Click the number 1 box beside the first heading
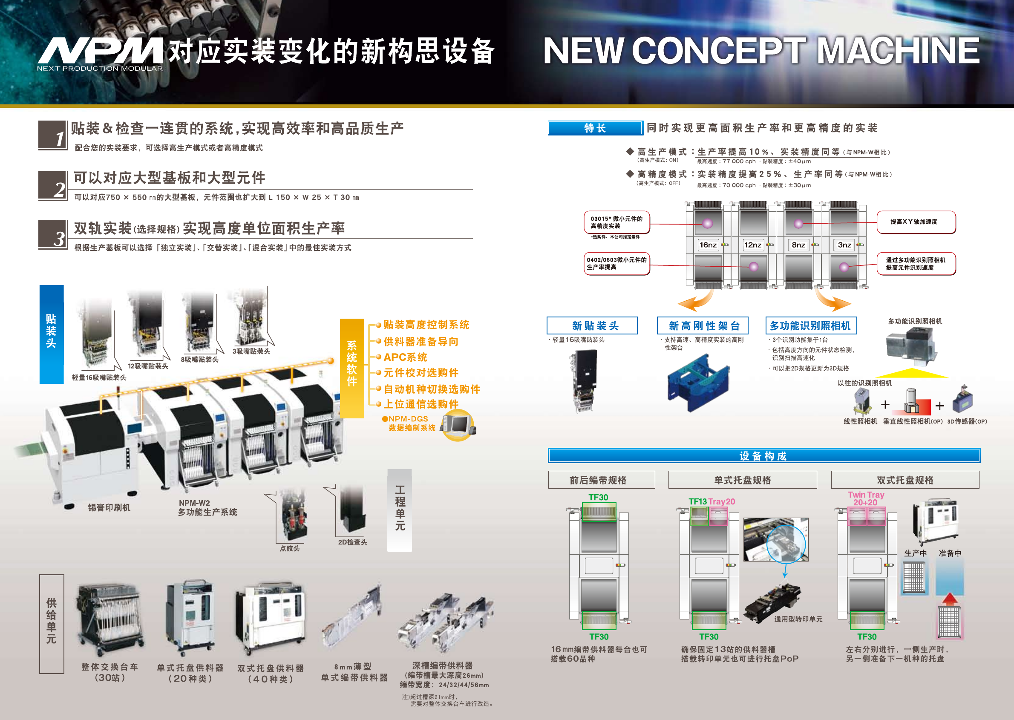(53, 135)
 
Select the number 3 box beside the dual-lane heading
(53, 234)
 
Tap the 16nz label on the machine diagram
(708, 245)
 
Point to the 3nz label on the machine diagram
(844, 245)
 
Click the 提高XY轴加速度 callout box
(916, 222)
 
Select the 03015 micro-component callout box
(617, 222)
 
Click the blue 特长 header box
(595, 128)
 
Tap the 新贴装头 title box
(592, 326)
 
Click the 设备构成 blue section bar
(763, 456)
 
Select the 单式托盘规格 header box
(742, 480)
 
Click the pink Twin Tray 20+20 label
(865, 498)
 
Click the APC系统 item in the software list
(405, 357)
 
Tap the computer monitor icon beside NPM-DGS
(458, 426)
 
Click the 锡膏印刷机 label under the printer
(109, 508)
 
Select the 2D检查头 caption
(352, 542)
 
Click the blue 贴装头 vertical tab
(52, 334)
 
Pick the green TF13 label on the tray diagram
(697, 501)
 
